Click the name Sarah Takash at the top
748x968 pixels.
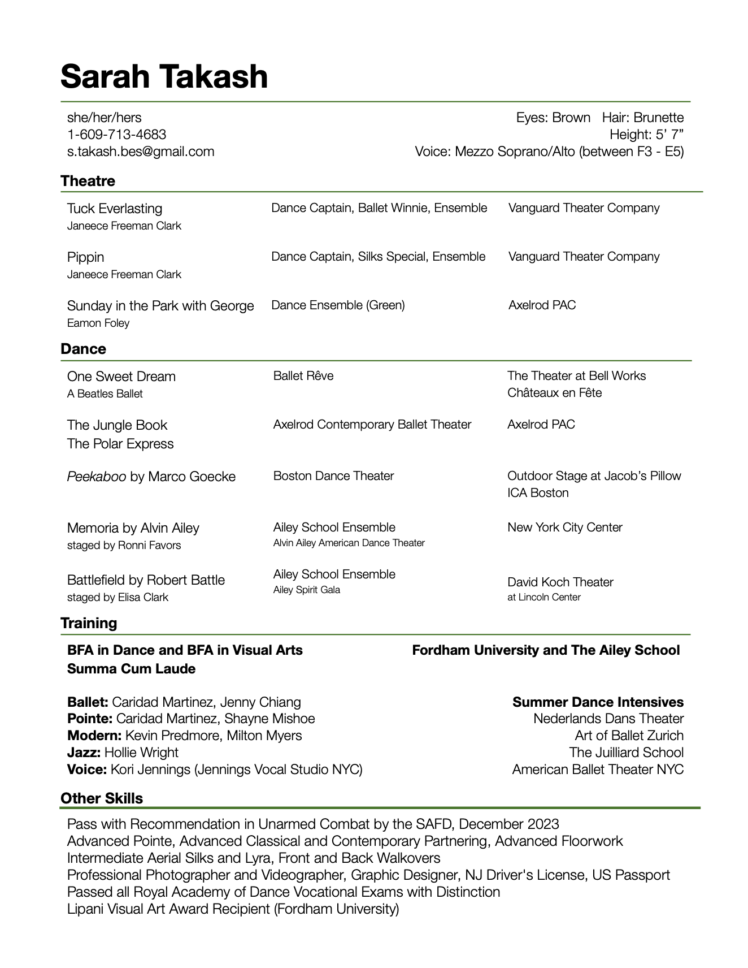pyautogui.click(x=164, y=76)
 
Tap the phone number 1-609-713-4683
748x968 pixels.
pyautogui.click(x=116, y=135)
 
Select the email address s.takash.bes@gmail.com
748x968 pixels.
pyautogui.click(x=141, y=152)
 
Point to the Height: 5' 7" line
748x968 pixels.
pyautogui.click(x=646, y=135)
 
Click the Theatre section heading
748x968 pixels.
pyautogui.click(x=88, y=181)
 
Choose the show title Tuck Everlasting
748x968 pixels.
pyautogui.click(x=115, y=209)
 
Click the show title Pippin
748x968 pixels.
pyautogui.click(x=86, y=257)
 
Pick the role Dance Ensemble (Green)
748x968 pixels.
pyautogui.click(x=338, y=305)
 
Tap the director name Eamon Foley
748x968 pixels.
pyautogui.click(x=98, y=323)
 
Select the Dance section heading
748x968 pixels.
pyautogui.click(x=83, y=349)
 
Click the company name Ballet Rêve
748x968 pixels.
pyautogui.click(x=303, y=376)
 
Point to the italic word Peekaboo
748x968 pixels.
pyautogui.click(x=97, y=477)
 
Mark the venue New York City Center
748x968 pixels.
pyautogui.click(x=565, y=528)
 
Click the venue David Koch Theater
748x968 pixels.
pyautogui.click(x=560, y=582)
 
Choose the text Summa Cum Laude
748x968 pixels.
pyautogui.click(x=131, y=669)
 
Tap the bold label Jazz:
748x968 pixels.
pyautogui.click(x=84, y=753)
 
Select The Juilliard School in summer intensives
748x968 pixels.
pyautogui.click(x=626, y=753)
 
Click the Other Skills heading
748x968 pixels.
pyautogui.click(x=102, y=798)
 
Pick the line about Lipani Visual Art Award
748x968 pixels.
pyautogui.click(x=233, y=909)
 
